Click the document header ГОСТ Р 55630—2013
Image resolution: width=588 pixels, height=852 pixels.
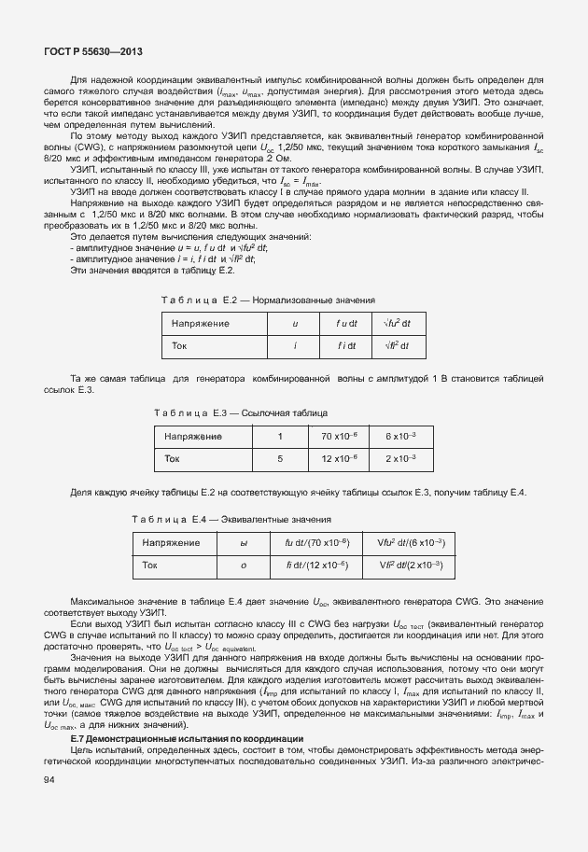(x=86, y=53)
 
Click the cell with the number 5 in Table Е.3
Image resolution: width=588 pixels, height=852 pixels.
(x=279, y=459)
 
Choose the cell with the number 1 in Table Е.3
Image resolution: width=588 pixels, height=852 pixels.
(x=279, y=437)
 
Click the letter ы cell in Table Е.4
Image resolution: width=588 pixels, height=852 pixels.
(x=244, y=543)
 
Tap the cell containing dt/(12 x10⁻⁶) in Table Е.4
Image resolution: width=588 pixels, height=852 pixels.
(x=316, y=566)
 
